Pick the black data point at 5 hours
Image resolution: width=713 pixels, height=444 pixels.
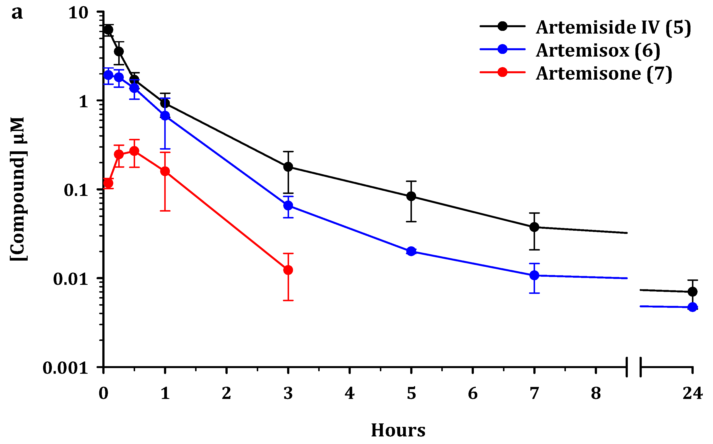411,196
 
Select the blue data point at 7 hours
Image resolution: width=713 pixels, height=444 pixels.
534,276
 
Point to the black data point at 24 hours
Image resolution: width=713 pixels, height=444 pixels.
692,292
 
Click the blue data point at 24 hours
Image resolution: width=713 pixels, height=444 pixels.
692,307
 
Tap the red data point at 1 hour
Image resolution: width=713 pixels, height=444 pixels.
165,171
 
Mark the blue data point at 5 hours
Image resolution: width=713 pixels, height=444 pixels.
411,251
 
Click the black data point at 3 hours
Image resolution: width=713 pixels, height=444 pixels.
288,167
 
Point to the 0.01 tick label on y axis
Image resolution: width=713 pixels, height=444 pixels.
70,279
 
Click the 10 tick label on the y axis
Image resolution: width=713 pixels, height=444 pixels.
78,13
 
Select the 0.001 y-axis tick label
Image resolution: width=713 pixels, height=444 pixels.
65,368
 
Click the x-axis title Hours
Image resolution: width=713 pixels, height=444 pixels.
398,431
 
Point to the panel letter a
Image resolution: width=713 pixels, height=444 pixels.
17,13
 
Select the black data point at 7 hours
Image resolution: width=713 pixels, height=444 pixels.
534,227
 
